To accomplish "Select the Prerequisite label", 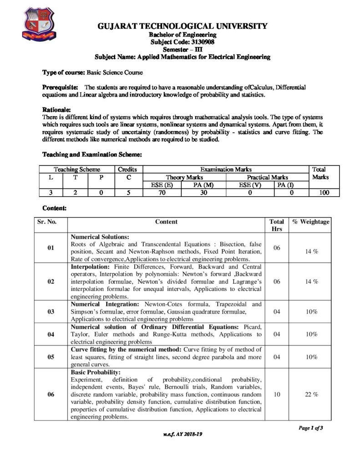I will tap(60, 87).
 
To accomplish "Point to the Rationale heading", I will tap(56, 110).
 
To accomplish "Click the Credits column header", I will tap(127, 169).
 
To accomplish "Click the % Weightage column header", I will tap(311, 222).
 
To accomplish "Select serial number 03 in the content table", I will tap(51, 312).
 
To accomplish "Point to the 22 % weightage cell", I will tap(311, 394).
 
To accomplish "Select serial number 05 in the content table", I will tap(51, 357).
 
